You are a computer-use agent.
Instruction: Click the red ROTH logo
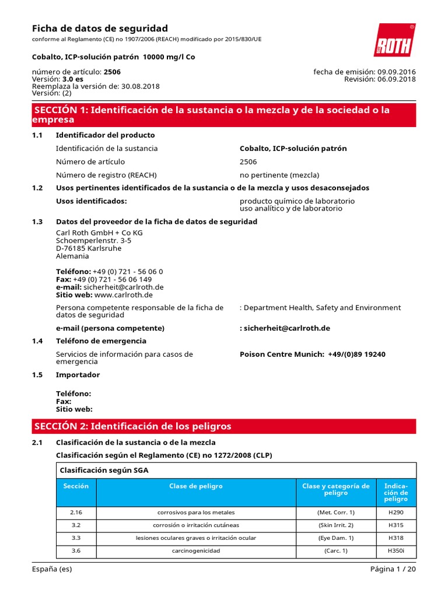click(394, 40)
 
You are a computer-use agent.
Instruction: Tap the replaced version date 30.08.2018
click(141, 86)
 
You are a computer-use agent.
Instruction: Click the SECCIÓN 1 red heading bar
click(224, 115)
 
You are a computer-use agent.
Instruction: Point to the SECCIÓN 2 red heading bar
click(224, 426)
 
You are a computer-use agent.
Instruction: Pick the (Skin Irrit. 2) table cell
click(335, 525)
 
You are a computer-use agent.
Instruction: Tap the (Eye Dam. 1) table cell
click(335, 538)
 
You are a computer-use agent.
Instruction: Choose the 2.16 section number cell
click(76, 512)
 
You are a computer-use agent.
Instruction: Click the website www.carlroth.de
click(123, 294)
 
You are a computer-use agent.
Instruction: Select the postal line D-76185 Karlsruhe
click(89, 248)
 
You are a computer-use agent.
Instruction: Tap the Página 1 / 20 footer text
click(393, 570)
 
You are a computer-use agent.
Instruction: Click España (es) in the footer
click(52, 570)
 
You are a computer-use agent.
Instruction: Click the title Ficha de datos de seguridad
click(99, 29)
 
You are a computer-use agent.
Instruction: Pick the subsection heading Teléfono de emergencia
click(100, 340)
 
